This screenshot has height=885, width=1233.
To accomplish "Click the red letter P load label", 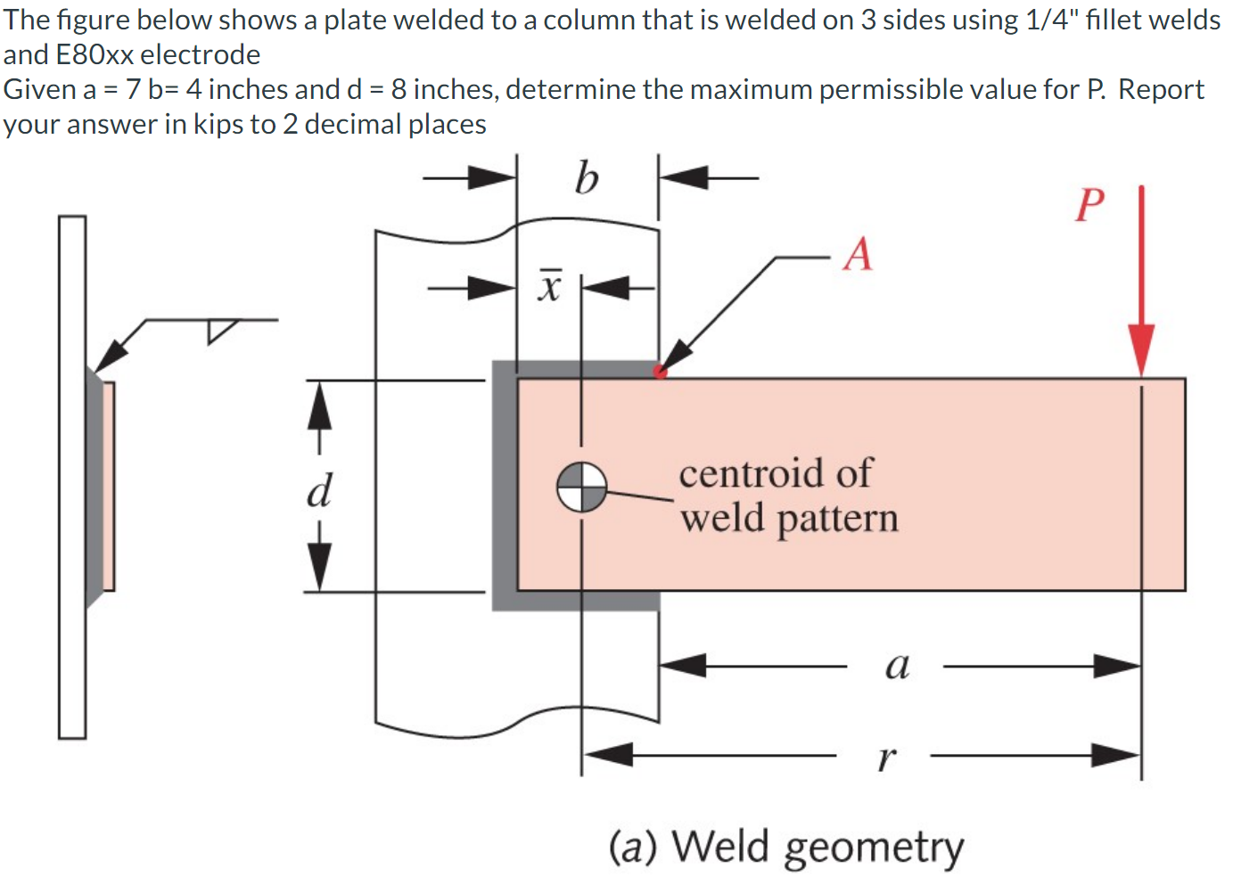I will click(x=1089, y=205).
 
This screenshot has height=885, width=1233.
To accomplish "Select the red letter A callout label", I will click(x=858, y=254).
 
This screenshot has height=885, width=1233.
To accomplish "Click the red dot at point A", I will click(x=660, y=372).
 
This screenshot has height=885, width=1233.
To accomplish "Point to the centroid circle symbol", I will click(x=581, y=488).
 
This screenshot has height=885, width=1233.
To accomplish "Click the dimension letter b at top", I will click(x=586, y=177).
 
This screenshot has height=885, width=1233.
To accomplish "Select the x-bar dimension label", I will click(x=550, y=285).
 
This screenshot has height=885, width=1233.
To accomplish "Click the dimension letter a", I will click(x=897, y=665).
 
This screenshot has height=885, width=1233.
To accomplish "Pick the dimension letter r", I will click(x=885, y=758).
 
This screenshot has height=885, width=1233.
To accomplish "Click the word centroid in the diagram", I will click(x=776, y=472).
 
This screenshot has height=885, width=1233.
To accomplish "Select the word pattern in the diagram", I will click(x=837, y=519).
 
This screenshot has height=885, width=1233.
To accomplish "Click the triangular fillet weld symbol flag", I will click(x=221, y=330).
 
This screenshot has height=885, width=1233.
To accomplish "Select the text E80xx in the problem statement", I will click(x=95, y=54).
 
